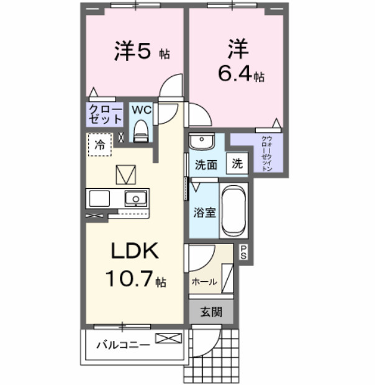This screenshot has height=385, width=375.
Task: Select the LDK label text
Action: click(x=135, y=251)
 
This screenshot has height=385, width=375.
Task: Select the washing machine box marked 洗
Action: click(x=237, y=165)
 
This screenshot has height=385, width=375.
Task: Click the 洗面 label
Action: click(x=206, y=165)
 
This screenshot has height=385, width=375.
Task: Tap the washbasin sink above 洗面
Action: click(x=201, y=143)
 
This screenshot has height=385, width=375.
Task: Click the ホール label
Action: click(x=204, y=281)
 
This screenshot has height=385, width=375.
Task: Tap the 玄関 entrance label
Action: click(x=210, y=312)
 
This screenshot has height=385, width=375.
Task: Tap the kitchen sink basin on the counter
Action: click(x=135, y=199)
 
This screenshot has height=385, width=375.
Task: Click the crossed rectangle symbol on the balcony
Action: click(x=168, y=338)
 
